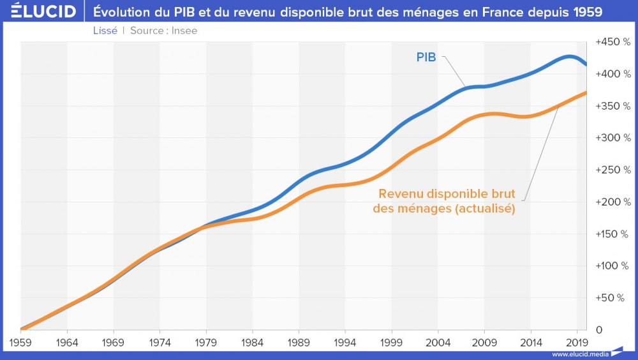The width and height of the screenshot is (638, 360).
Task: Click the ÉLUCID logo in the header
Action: [39, 11]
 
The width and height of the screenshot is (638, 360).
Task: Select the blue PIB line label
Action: [426, 58]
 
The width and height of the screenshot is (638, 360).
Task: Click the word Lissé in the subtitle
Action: [105, 31]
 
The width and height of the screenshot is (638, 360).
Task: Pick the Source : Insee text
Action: [164, 31]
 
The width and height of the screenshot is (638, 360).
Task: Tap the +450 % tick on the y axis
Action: [612, 42]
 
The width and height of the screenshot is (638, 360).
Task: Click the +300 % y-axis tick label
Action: [612, 138]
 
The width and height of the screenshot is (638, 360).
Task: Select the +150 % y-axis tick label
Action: [612, 234]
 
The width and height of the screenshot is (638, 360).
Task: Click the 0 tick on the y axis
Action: [599, 329]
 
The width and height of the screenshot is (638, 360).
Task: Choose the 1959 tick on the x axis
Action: [20, 341]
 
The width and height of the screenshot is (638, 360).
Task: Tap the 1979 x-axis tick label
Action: [206, 341]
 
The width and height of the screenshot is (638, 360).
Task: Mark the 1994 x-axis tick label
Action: [345, 341]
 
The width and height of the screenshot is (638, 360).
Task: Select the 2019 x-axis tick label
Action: [577, 341]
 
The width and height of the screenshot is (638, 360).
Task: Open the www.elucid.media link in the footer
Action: [579, 354]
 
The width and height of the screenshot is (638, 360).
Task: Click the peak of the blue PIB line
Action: [568, 56]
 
